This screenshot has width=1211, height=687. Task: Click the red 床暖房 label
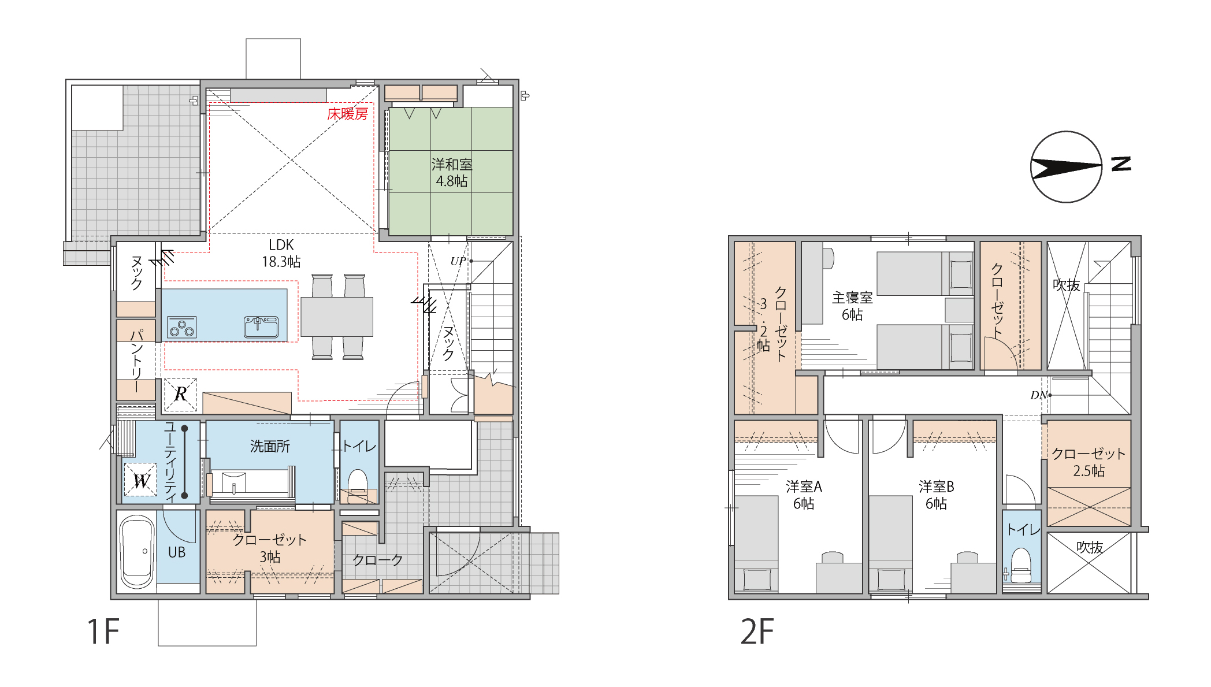coord(347,114)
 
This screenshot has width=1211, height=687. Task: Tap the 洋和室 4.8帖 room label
coord(452,173)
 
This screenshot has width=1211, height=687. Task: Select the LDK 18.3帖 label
coord(281,253)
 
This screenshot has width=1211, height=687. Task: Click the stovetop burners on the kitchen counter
coord(182,327)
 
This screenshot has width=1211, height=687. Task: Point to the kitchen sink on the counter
coord(261,326)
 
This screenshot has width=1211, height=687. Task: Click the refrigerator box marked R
coord(180,395)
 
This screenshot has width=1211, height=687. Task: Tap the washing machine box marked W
coord(140,480)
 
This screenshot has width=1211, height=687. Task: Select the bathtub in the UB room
coord(137,552)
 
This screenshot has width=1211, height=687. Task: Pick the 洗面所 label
coord(270,446)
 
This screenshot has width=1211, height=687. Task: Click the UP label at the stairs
coord(458,261)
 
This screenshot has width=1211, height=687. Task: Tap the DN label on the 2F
coord(1038,395)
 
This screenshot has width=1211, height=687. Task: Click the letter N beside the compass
coord(1121,164)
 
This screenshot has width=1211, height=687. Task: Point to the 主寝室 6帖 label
coord(852,306)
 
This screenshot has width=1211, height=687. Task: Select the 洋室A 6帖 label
coord(804,495)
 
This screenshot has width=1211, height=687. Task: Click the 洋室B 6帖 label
coord(936,495)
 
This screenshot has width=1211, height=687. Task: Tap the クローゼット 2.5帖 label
coord(1089,462)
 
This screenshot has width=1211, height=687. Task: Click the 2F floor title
coord(757,632)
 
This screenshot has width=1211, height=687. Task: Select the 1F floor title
coord(103,632)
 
